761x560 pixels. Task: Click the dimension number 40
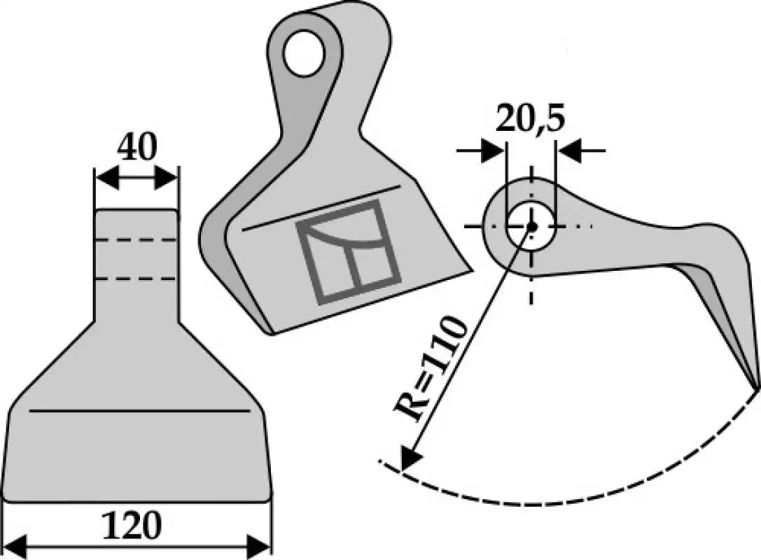point(137,146)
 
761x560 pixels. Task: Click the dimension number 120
point(132,524)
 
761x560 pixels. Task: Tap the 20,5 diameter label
point(529,118)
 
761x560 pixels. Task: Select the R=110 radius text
point(431,369)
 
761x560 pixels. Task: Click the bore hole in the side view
point(531,225)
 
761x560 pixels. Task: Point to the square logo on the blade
point(349,252)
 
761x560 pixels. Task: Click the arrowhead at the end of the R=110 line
point(409,458)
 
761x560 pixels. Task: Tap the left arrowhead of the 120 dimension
point(15,547)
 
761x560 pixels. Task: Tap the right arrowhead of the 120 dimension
point(258,547)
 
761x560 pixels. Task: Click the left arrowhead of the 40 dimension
point(106,178)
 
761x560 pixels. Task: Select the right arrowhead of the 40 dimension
point(167,178)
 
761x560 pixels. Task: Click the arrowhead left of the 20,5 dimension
point(493,150)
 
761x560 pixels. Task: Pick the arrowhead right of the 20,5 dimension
point(568,150)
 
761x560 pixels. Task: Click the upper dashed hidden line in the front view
point(136,239)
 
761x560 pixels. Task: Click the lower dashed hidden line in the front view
point(136,279)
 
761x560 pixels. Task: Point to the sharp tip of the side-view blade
point(756,387)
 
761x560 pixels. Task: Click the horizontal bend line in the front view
point(139,410)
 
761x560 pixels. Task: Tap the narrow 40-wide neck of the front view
point(137,265)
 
